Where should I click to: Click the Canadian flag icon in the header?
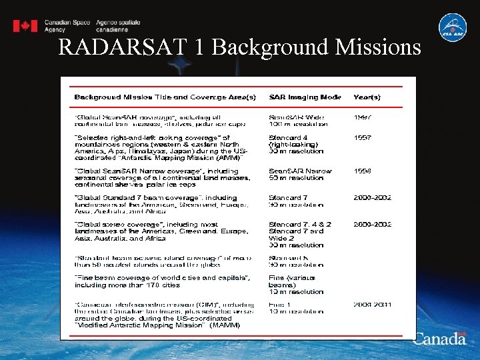click(25, 26)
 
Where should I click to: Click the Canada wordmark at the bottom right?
click(440, 339)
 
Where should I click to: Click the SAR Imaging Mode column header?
click(305, 97)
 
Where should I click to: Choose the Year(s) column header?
click(366, 97)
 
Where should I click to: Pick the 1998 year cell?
click(363, 171)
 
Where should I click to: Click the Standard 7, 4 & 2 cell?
click(300, 225)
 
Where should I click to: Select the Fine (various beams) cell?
click(291, 281)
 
